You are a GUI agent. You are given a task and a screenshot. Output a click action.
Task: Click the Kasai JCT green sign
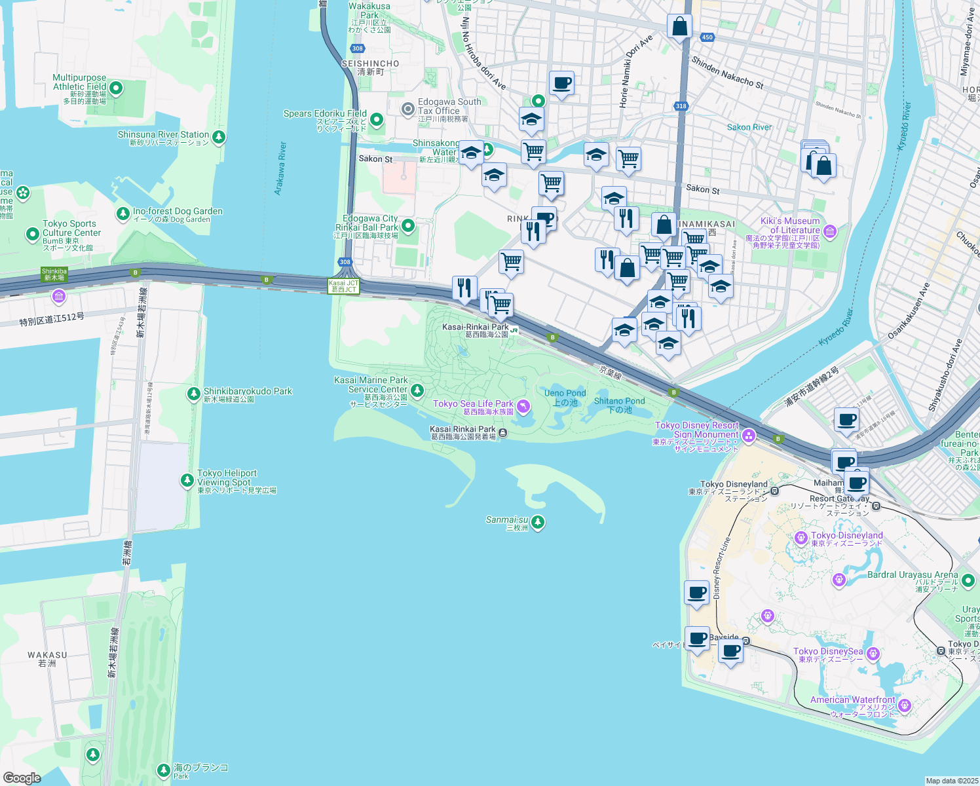[344, 286]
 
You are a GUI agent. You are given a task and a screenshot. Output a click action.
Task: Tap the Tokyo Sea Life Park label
[473, 404]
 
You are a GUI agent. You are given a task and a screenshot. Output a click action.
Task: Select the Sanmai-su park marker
[538, 522]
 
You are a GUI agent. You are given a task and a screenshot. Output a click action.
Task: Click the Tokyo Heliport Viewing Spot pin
[187, 481]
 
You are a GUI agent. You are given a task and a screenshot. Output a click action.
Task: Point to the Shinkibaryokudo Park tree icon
[193, 394]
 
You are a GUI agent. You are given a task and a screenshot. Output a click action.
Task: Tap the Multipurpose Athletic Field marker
[116, 88]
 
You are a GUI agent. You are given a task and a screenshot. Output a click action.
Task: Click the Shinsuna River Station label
[163, 135]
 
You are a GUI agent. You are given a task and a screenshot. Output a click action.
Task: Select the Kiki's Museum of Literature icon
[830, 231]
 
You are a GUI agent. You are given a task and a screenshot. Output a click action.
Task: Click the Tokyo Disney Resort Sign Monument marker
[749, 436]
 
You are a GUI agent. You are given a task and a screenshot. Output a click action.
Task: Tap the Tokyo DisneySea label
[828, 652]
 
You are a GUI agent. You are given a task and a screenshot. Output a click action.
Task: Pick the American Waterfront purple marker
[905, 705]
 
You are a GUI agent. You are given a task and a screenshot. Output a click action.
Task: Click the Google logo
[22, 777]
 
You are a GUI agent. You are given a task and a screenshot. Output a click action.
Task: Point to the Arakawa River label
[280, 168]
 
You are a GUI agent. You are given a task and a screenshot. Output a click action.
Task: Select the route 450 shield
[707, 37]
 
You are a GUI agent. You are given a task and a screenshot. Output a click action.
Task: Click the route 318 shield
[681, 106]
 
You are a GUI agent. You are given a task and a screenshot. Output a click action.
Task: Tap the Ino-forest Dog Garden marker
[122, 214]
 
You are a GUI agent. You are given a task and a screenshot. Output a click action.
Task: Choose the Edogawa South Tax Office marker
[408, 108]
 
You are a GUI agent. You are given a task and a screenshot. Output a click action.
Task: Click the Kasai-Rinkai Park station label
[476, 327]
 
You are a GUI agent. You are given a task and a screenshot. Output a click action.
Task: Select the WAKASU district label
[47, 655]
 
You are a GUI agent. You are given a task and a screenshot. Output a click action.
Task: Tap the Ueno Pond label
[565, 393]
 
